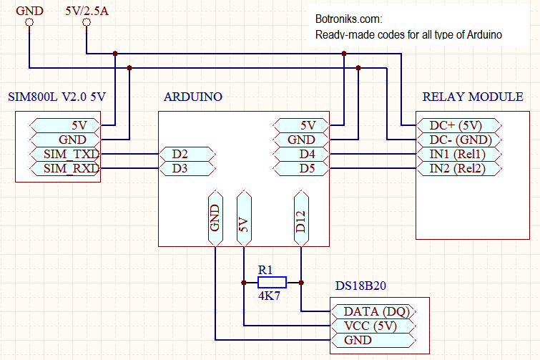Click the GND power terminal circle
[29, 22]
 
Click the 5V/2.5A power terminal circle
[87, 22]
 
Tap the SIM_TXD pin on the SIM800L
[65, 154]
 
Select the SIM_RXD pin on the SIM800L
[65, 168]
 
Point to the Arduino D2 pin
[187, 154]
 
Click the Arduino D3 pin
[187, 168]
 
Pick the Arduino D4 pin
[301, 154]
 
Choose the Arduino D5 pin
[301, 168]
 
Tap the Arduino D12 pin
[301, 218]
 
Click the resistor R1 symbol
[272, 283]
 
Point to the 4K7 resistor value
[270, 296]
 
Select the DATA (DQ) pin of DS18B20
[373, 311]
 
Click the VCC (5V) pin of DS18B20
[373, 326]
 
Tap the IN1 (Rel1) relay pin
[459, 154]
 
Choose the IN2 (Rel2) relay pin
[459, 168]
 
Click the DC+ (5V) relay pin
[459, 125]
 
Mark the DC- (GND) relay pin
[459, 140]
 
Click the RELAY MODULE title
[473, 97]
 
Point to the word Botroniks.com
[348, 19]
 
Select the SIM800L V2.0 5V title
[57, 97]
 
